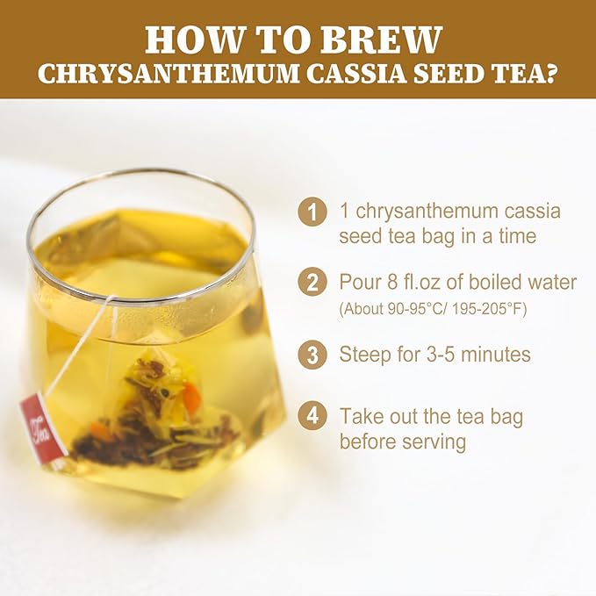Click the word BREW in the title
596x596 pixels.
pyautogui.click(x=391, y=39)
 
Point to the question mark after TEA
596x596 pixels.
pyautogui.click(x=550, y=74)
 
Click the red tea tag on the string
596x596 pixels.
pyautogui.click(x=43, y=427)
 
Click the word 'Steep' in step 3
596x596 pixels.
pyautogui.click(x=366, y=355)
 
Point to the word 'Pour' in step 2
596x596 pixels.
pyautogui.click(x=361, y=283)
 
